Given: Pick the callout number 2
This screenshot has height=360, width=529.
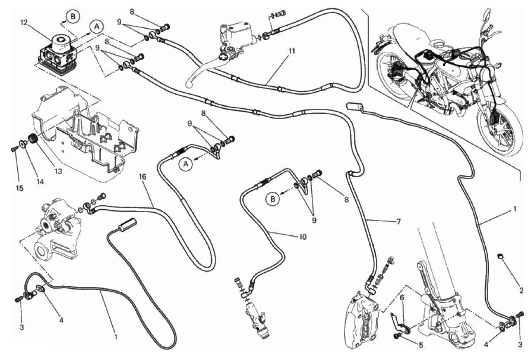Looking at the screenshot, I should (x=521, y=291).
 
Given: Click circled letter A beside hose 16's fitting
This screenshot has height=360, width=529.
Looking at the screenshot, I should (x=187, y=165).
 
